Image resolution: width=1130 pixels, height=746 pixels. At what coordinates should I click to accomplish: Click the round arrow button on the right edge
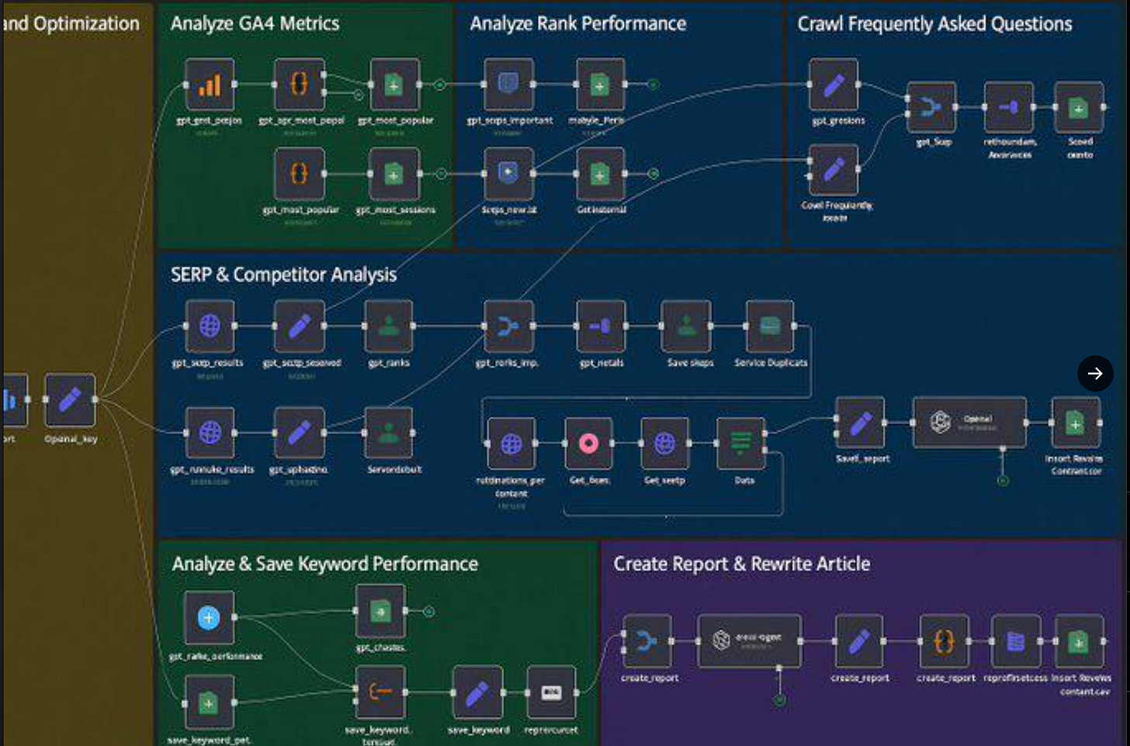[x=1095, y=373]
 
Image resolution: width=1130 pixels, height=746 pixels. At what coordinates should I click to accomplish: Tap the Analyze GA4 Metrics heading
[x=255, y=24]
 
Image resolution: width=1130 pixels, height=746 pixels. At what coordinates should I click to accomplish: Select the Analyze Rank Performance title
[x=577, y=24]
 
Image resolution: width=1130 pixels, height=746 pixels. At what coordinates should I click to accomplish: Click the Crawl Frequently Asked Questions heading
[x=934, y=24]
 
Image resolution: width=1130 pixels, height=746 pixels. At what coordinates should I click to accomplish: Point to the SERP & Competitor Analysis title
[x=283, y=275]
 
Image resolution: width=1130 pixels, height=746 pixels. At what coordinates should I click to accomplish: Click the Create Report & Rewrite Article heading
[x=741, y=564]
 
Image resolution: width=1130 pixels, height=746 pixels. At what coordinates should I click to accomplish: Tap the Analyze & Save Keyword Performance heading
[x=324, y=564]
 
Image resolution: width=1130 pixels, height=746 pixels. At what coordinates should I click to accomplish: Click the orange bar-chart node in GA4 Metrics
[x=210, y=85]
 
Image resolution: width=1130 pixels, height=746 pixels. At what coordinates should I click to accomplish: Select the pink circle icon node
[x=588, y=444]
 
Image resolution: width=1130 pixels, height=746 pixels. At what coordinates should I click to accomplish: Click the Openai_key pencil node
[x=70, y=399]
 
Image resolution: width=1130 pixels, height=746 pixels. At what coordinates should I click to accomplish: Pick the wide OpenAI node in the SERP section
[x=969, y=423]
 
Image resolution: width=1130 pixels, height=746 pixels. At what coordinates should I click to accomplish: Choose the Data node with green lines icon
[x=740, y=444]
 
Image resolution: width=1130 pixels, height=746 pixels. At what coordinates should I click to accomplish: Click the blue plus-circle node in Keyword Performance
[x=209, y=618]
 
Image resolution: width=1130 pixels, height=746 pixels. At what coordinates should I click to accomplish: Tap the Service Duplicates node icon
[x=770, y=326]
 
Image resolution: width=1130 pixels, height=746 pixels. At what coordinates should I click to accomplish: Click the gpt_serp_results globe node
[x=210, y=326]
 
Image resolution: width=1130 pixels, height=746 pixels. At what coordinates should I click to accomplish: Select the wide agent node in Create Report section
[x=749, y=641]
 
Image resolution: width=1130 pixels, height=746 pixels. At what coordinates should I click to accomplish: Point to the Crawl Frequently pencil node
[x=834, y=170]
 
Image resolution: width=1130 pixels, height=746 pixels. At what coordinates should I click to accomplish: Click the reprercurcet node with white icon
[x=551, y=692]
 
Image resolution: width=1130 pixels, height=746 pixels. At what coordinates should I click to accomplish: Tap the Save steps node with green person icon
[x=686, y=326]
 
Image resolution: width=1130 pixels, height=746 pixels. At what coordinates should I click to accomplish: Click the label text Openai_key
[x=71, y=439]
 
